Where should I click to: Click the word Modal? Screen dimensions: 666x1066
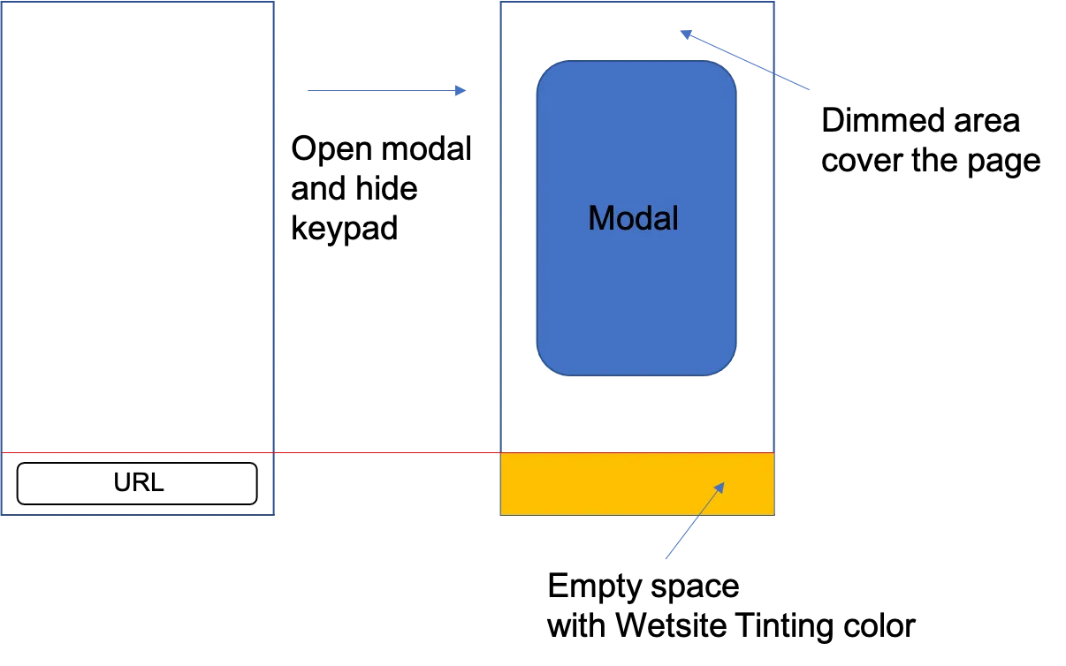(633, 218)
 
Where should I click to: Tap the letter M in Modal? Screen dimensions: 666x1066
(600, 218)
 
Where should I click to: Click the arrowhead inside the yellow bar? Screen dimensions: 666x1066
(721, 485)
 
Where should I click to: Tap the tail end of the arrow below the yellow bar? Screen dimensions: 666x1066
(666, 561)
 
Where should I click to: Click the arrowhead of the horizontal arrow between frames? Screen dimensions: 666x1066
(461, 91)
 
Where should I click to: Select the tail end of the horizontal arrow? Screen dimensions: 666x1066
(306, 88)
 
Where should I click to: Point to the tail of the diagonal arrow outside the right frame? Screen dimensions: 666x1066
(811, 89)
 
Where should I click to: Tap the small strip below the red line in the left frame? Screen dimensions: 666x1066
(139, 483)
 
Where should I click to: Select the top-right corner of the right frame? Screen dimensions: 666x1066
(774, 4)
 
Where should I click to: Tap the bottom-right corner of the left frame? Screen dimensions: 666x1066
(273, 512)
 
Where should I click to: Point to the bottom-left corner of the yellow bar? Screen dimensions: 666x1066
(501, 513)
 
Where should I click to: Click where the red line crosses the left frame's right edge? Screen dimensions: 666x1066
(273, 454)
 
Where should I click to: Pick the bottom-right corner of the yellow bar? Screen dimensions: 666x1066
(774, 513)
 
